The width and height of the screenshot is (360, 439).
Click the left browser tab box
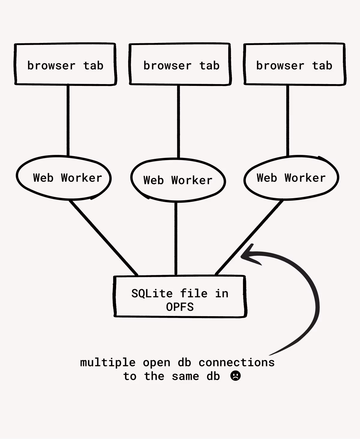(65, 64)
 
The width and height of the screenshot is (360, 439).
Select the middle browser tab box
(180, 64)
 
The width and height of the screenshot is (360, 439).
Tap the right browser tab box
(295, 64)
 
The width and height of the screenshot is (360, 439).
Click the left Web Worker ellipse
(64, 178)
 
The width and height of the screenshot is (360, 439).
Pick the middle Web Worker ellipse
(178, 180)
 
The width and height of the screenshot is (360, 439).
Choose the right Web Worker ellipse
(291, 178)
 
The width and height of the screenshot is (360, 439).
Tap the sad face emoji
(235, 376)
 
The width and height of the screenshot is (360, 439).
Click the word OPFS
(180, 307)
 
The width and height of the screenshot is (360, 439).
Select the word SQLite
(152, 293)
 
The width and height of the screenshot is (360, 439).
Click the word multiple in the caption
(108, 362)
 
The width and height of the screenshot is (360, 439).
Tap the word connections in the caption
(237, 362)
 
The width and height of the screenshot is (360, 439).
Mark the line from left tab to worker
(68, 120)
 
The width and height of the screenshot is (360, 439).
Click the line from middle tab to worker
(178, 122)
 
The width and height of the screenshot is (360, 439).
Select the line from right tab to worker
(288, 120)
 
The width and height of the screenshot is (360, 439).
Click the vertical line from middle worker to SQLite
(176, 239)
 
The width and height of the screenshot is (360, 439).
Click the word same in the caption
(185, 376)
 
